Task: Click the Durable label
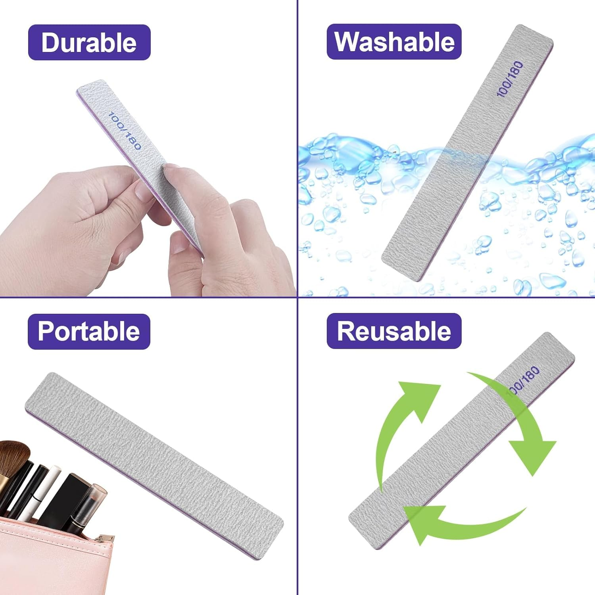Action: [x=89, y=42]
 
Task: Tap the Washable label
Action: [x=394, y=42]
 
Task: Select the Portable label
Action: [x=89, y=331]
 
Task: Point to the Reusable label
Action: [x=394, y=331]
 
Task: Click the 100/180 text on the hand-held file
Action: [x=125, y=131]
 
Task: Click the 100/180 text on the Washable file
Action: [x=510, y=79]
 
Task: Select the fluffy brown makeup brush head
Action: [x=14, y=456]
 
